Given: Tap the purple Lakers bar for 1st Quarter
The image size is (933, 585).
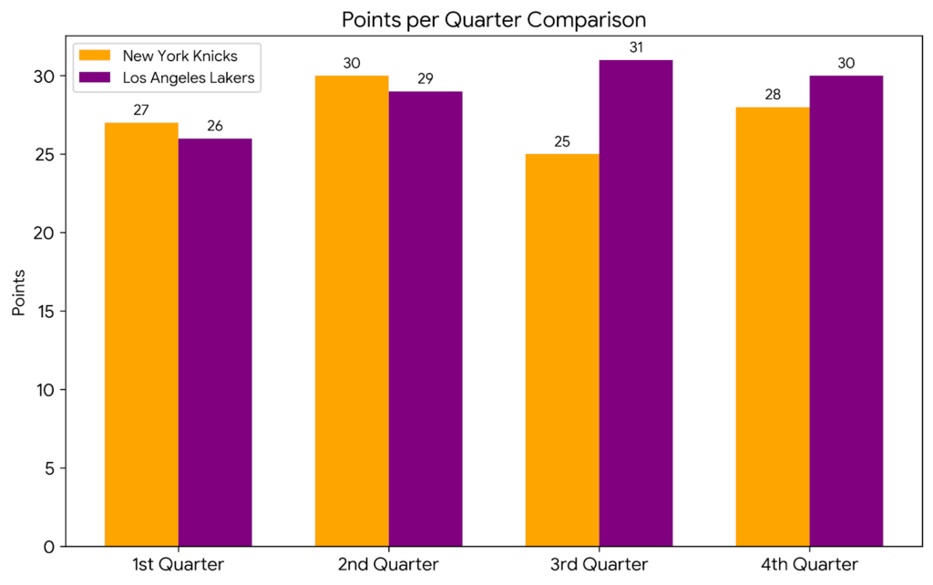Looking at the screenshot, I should (215, 343).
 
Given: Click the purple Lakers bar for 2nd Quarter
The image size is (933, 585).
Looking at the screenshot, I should (425, 319).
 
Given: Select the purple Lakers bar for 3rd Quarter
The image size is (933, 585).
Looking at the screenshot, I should (636, 303).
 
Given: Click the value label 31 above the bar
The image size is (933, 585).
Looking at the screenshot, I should (636, 47).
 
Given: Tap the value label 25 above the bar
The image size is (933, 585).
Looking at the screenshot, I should (562, 141).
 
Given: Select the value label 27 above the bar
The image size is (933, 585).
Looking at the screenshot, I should (141, 110).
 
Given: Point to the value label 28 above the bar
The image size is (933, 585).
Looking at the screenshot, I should (773, 95).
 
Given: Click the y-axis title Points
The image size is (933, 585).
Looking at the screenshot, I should (19, 292).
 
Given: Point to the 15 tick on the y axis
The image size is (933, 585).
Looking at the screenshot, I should (47, 312).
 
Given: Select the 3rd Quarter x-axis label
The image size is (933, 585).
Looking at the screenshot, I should (599, 565).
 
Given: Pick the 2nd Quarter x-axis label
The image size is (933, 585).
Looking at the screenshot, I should (388, 565).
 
